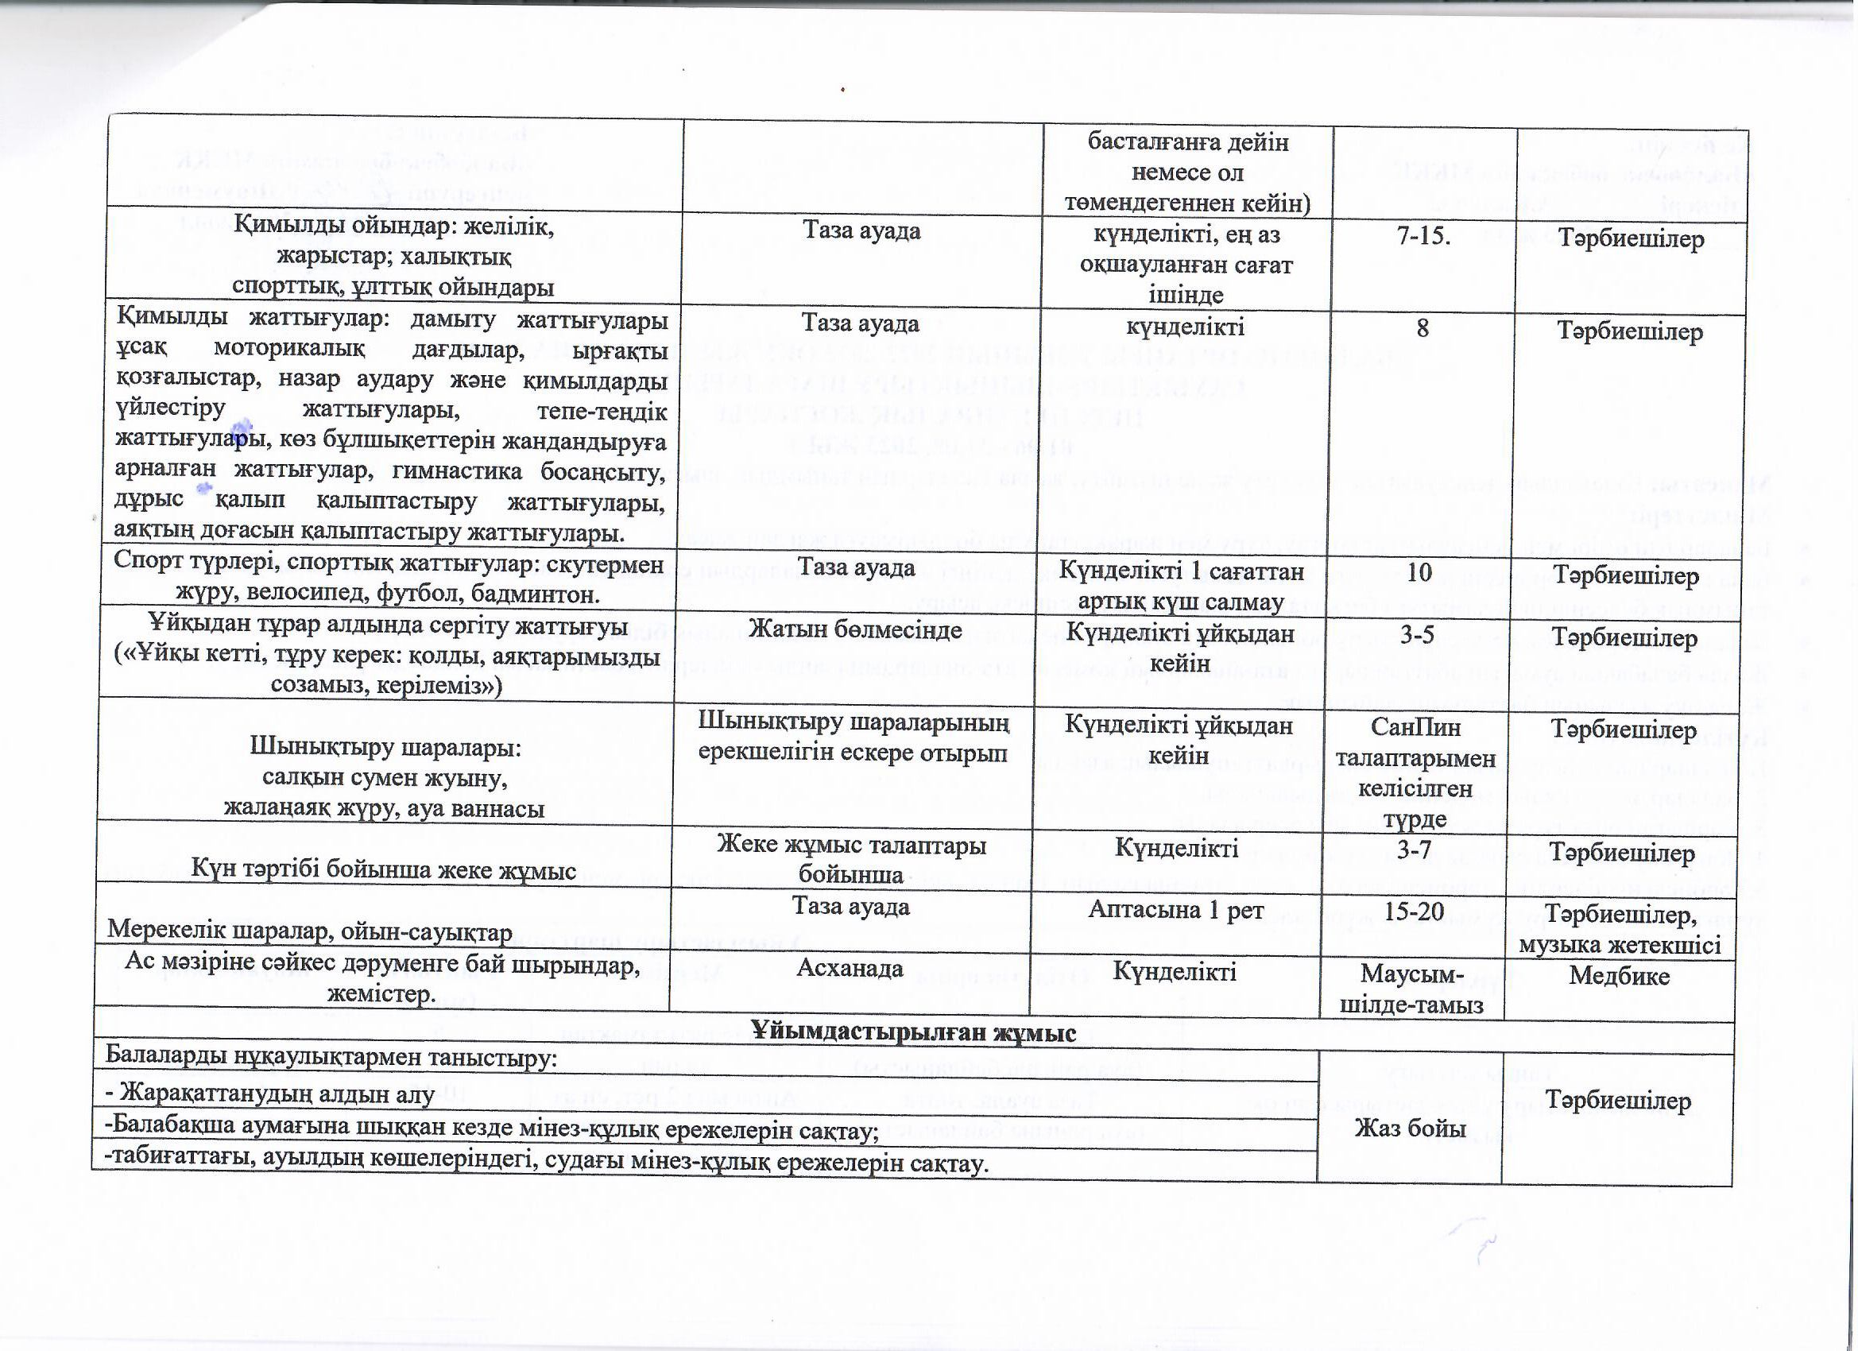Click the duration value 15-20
point(1415,910)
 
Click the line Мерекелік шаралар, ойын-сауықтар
point(311,931)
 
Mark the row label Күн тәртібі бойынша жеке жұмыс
point(383,870)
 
